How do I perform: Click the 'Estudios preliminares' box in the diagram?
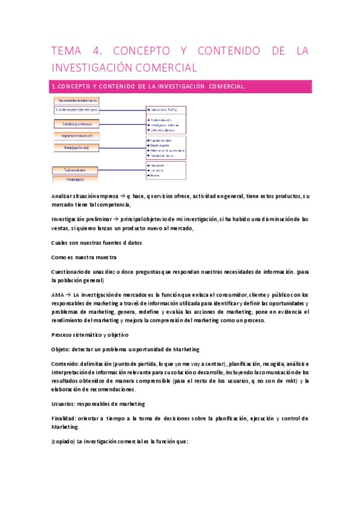click(x=76, y=124)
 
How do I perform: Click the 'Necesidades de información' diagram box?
click(x=76, y=101)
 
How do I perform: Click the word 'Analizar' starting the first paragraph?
click(x=63, y=197)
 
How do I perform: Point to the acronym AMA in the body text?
click(x=58, y=295)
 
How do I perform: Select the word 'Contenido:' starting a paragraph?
click(x=64, y=364)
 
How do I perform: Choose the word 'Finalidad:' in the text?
click(x=64, y=418)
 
